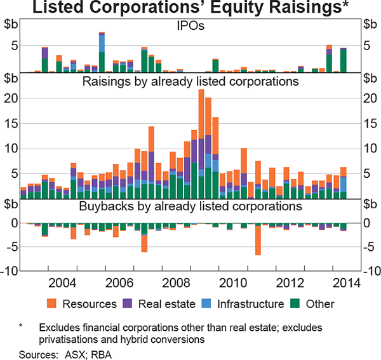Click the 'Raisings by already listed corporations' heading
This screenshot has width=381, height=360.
(190, 82)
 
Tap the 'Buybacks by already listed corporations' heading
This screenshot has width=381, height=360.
(190, 206)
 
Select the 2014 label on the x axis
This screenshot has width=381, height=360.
(344, 283)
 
